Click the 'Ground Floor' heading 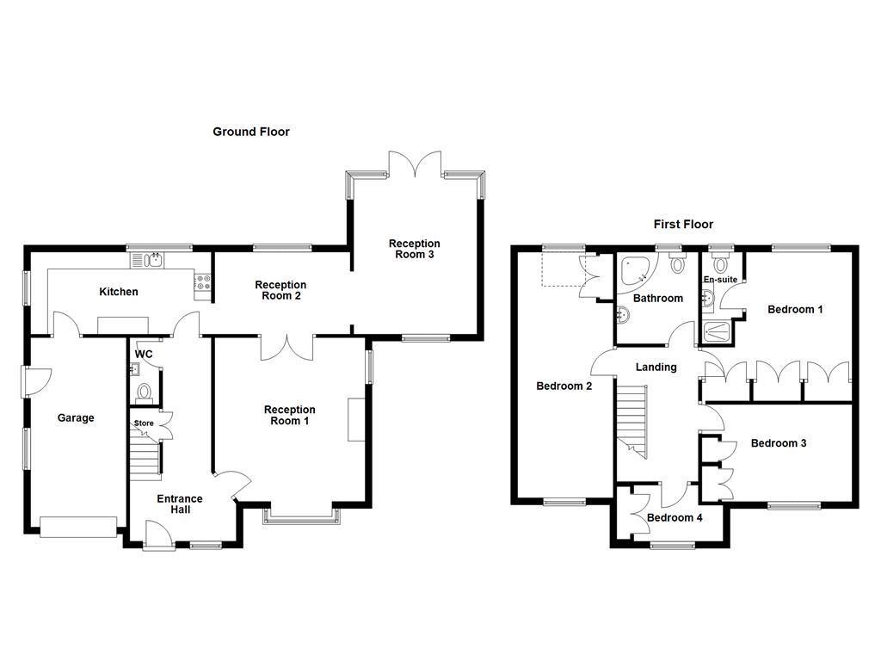[x=251, y=132]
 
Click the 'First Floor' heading [x=683, y=225]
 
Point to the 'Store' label [x=143, y=423]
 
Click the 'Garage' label [x=76, y=418]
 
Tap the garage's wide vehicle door [x=78, y=527]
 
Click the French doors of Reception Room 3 [x=415, y=164]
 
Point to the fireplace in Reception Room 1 [x=356, y=420]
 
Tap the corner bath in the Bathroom [x=637, y=273]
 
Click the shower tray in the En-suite [x=716, y=333]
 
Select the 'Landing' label [x=656, y=368]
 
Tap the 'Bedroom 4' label [x=675, y=518]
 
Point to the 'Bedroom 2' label [x=564, y=386]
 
